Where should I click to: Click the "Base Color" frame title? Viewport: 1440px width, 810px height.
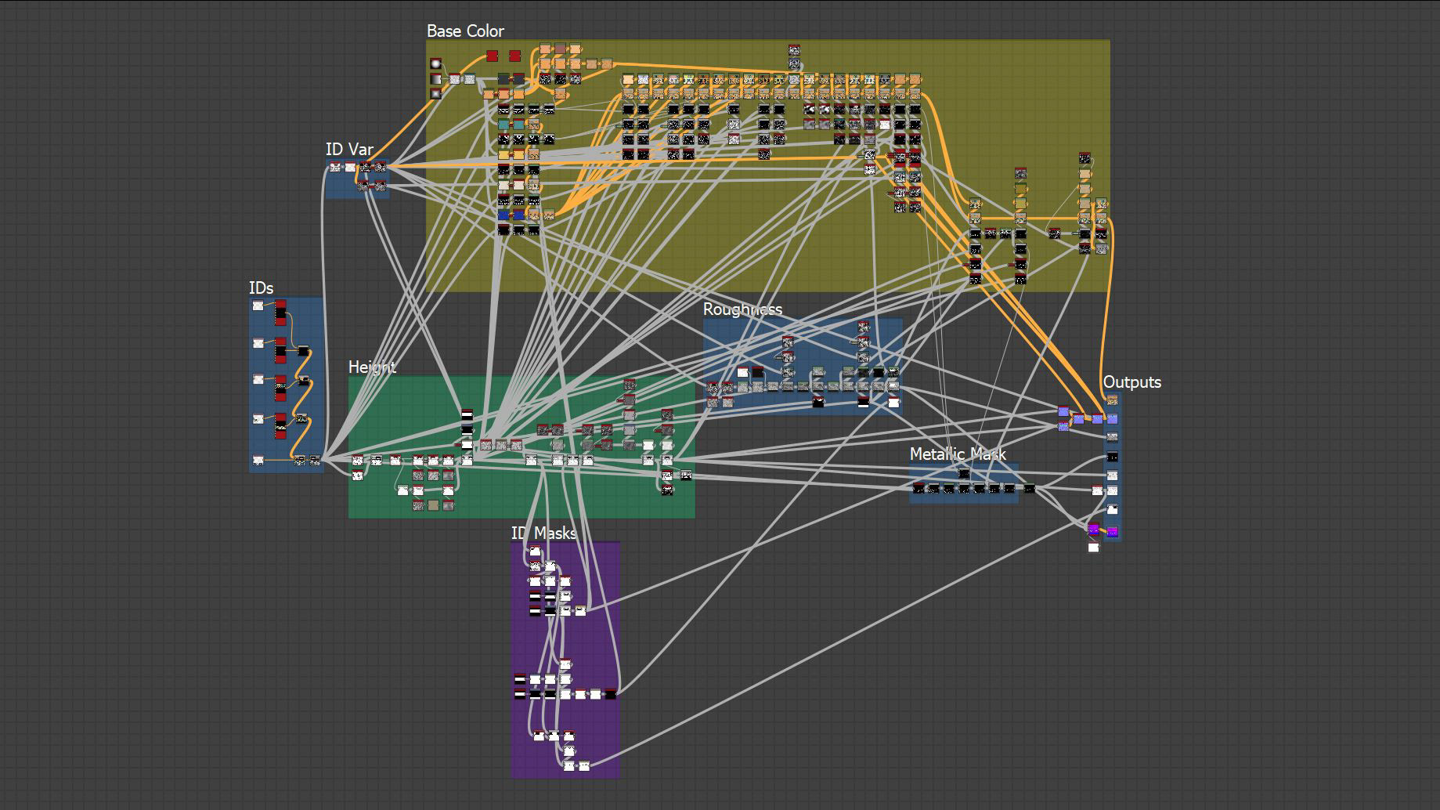click(x=465, y=31)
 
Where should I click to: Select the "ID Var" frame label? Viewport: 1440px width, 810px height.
click(x=349, y=150)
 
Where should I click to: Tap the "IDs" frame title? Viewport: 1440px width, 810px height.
click(x=261, y=288)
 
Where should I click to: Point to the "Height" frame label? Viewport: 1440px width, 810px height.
click(x=372, y=367)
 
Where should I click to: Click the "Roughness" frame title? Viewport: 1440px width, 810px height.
click(x=742, y=309)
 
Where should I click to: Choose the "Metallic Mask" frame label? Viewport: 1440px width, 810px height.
click(x=958, y=454)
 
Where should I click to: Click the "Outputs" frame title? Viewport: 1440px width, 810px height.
click(x=1131, y=382)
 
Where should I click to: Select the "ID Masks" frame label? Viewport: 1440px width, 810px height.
click(x=543, y=533)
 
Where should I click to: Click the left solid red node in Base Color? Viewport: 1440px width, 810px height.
click(x=492, y=56)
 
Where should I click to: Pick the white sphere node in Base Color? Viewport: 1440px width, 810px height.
click(x=435, y=64)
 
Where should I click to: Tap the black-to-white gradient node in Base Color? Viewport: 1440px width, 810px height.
click(x=435, y=79)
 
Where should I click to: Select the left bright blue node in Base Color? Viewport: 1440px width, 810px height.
click(x=503, y=215)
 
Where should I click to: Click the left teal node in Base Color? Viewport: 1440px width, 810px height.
click(x=503, y=125)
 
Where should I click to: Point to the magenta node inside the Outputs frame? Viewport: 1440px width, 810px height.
click(x=1112, y=533)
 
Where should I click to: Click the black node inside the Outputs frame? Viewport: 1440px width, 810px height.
click(x=1112, y=457)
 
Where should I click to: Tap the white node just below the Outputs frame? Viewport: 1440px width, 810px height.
click(x=1093, y=547)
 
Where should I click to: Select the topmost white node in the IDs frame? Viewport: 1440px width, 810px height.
click(x=258, y=306)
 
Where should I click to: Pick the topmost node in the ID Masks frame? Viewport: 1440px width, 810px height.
click(x=535, y=551)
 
